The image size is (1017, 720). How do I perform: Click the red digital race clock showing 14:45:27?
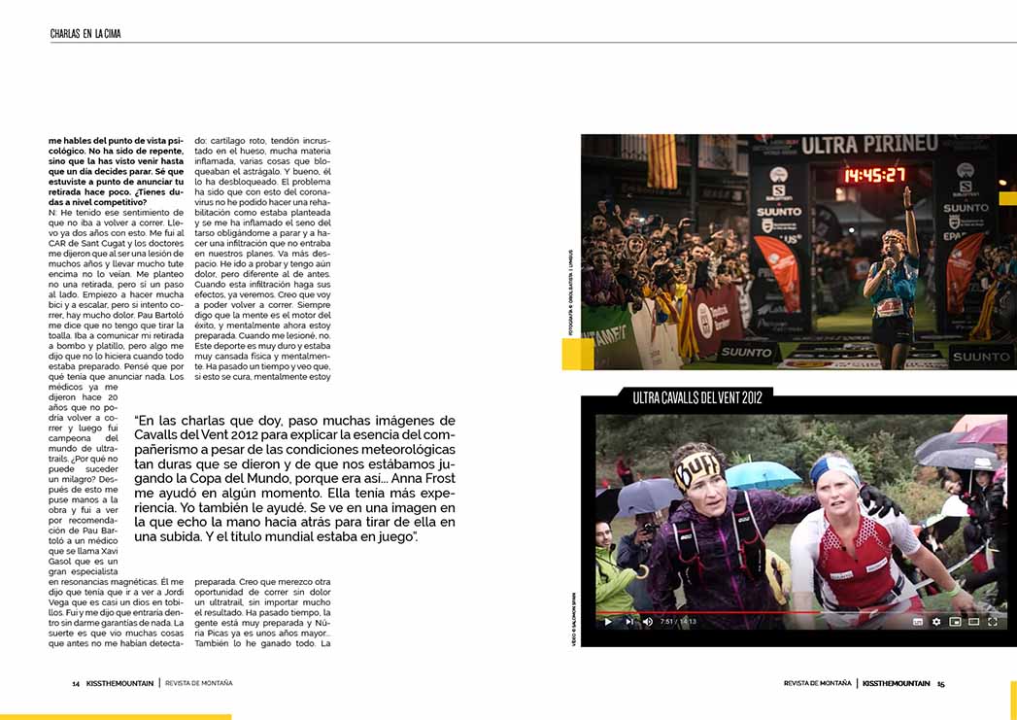[x=873, y=176]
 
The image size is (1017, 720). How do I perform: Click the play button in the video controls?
[x=608, y=621]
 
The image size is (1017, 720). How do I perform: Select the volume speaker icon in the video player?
[x=647, y=621]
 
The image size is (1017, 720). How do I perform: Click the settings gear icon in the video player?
[x=935, y=621]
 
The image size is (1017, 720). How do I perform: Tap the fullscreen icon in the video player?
[x=992, y=621]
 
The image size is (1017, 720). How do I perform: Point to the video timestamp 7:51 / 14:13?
[x=677, y=621]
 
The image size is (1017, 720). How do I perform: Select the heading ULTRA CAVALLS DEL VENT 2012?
[x=696, y=397]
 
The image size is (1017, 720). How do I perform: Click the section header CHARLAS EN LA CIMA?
[x=85, y=34]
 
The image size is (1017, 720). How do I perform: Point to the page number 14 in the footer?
[x=76, y=683]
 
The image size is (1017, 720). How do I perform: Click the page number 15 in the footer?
[x=940, y=683]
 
